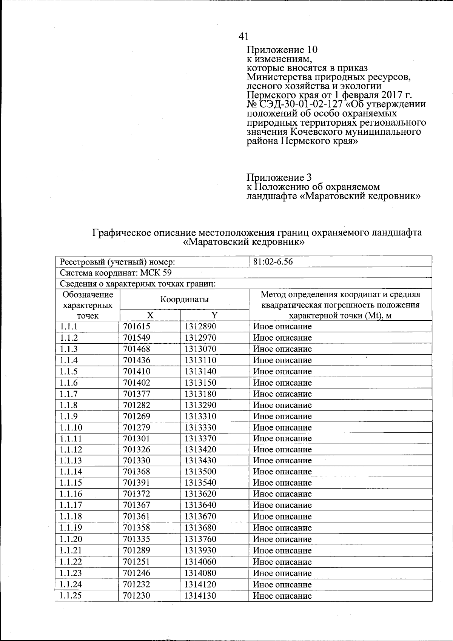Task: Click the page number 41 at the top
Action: pos(243,36)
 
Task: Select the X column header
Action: pos(150,315)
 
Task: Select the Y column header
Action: pos(214,315)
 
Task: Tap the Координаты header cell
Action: pos(184,300)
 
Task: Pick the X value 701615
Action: pos(137,326)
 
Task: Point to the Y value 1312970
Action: pos(200,338)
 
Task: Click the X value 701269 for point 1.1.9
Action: pos(137,417)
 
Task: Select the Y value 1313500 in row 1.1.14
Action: pos(200,472)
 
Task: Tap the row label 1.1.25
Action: pos(71,596)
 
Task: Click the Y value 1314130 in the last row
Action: pos(200,596)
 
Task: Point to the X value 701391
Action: pos(137,483)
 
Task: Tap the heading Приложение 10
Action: pos(282,50)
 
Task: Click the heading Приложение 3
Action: pos(279,177)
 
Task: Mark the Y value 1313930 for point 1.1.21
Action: pos(200,550)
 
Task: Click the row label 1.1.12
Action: pos(71,450)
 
